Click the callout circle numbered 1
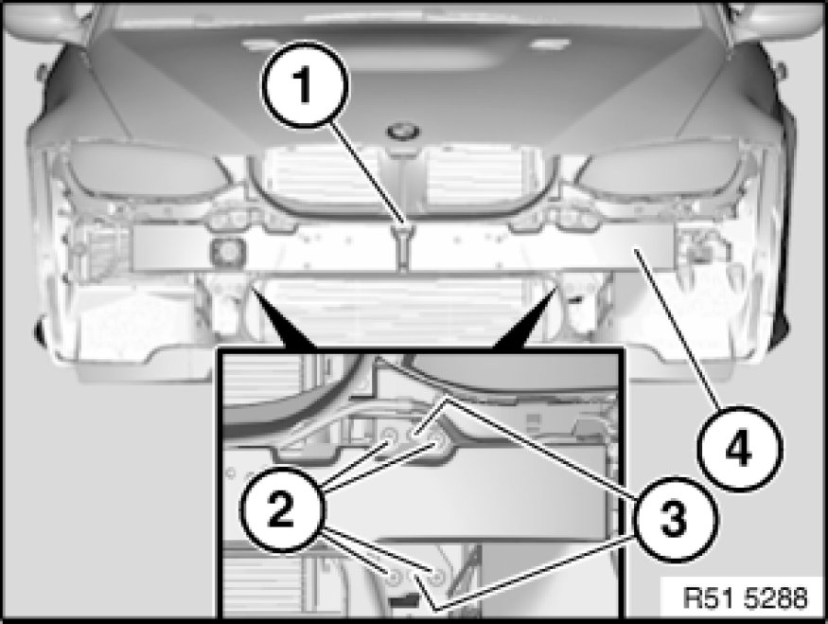point(306,84)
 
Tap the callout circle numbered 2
point(283,509)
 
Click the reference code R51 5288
point(745,598)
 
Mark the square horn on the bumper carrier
point(227,250)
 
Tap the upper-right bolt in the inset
point(435,437)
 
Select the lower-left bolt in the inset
point(393,577)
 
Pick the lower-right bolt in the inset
point(437,577)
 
